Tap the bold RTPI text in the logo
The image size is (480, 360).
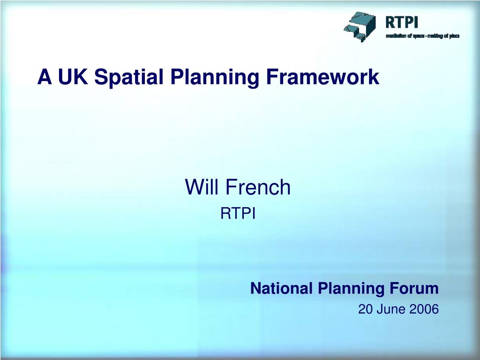pos(401,22)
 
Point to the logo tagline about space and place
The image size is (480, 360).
pos(422,36)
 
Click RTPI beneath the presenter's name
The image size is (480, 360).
pos(238,214)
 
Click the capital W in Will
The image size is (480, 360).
pos(194,187)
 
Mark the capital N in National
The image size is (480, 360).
pos(255,288)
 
